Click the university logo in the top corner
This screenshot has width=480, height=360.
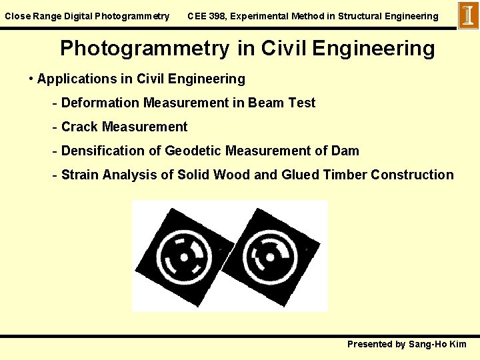tap(468, 15)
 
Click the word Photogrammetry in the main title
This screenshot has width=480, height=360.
tap(145, 48)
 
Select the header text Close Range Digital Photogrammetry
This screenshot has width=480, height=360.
tap(87, 16)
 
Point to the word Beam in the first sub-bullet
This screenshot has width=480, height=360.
tap(267, 103)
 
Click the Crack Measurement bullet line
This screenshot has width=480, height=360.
tap(124, 127)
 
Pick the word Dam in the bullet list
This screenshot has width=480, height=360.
tap(345, 151)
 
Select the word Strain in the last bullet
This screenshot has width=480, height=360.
tap(81, 175)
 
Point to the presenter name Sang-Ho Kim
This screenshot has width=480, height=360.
tap(438, 344)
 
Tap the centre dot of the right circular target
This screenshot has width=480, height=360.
tap(271, 255)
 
